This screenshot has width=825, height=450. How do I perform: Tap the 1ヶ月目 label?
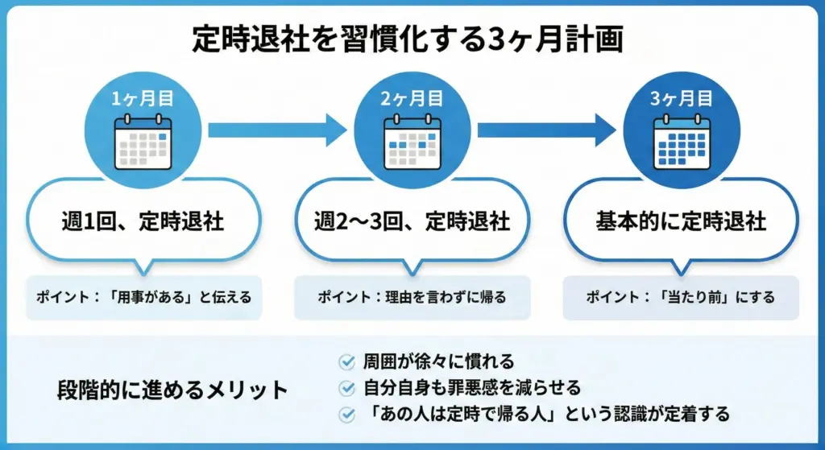[x=143, y=100]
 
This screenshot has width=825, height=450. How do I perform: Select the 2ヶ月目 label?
[x=412, y=100]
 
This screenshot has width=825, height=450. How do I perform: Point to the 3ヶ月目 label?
[x=681, y=100]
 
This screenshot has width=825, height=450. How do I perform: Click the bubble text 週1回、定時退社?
[x=143, y=220]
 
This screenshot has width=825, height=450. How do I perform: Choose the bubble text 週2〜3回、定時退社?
[x=412, y=220]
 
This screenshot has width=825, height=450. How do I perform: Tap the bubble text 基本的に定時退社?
[x=681, y=220]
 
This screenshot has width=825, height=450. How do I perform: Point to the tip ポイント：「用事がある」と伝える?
[x=143, y=298]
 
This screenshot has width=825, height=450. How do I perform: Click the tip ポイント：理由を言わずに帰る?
[x=412, y=298]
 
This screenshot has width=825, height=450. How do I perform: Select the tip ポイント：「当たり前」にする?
[x=681, y=298]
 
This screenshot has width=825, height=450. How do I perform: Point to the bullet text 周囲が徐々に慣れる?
[x=437, y=362]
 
